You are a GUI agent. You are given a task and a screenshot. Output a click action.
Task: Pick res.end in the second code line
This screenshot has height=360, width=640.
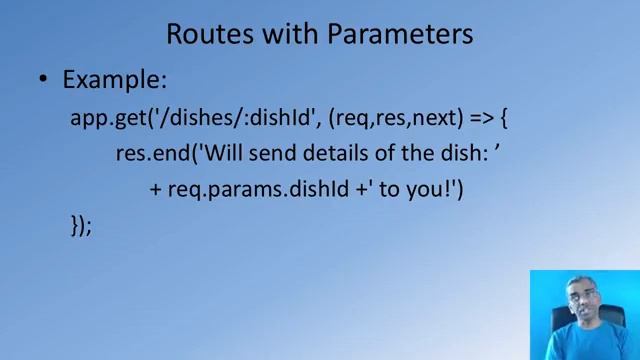point(146,153)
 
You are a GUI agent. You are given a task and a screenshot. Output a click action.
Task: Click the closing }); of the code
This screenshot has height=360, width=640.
point(81,226)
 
